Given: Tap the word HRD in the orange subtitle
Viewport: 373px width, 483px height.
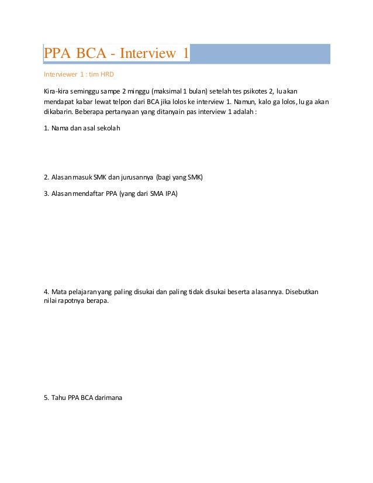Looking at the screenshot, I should tap(106, 75).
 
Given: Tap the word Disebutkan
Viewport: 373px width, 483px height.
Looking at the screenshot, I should tap(303, 291).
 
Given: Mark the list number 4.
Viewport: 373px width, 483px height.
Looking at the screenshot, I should tap(46, 291).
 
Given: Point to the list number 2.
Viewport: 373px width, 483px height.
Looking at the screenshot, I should tap(46, 176).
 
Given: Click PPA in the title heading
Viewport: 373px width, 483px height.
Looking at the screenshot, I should tap(58, 54).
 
